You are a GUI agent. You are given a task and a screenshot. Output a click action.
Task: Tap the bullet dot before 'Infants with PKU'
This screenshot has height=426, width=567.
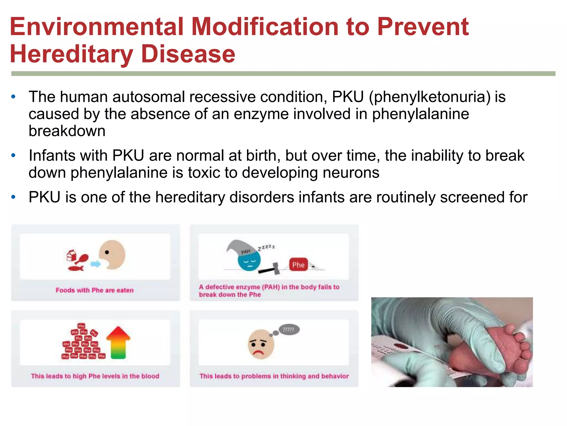13,156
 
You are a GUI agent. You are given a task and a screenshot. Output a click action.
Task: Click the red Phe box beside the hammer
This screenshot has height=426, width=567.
298,265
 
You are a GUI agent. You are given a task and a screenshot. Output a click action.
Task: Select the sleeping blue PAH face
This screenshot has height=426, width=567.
249,262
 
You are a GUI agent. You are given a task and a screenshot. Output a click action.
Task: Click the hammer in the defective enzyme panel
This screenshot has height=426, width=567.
270,268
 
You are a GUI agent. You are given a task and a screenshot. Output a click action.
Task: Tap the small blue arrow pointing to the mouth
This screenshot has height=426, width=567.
96,264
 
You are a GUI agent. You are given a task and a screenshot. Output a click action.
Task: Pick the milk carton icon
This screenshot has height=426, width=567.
71,255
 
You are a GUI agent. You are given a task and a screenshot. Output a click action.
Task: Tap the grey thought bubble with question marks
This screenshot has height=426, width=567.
289,329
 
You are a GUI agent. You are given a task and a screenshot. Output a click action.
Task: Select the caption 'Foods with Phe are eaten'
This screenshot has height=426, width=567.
94,290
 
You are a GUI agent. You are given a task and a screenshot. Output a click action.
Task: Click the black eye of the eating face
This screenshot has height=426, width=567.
107,252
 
